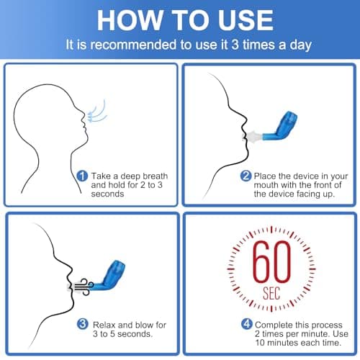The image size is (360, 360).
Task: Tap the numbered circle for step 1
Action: (x=83, y=176)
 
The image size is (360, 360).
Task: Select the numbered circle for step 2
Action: (x=246, y=176)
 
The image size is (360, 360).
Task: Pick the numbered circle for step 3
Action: (x=83, y=323)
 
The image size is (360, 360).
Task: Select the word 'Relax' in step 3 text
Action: (x=105, y=323)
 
